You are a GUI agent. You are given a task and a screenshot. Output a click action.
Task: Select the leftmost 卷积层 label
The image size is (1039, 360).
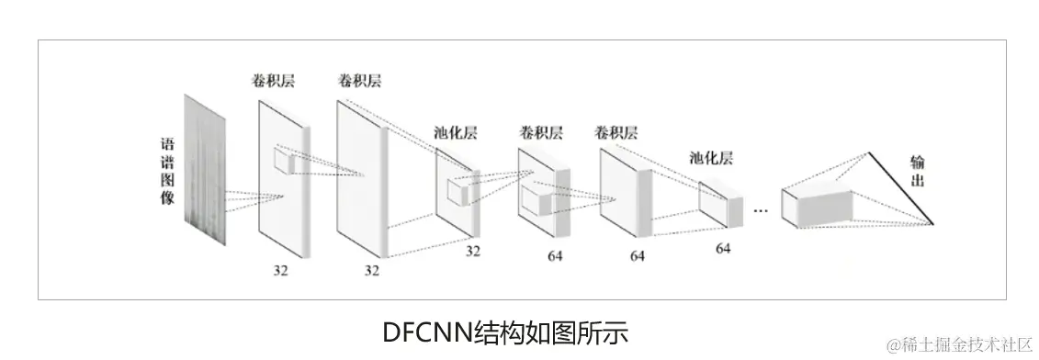273,81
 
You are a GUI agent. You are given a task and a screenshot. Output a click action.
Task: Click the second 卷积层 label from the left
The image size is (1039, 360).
359,81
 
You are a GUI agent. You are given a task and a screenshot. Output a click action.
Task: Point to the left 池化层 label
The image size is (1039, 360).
456,132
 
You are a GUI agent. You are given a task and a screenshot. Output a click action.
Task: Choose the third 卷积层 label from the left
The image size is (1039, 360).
540,132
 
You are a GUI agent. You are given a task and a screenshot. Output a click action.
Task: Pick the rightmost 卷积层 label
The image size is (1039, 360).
616,132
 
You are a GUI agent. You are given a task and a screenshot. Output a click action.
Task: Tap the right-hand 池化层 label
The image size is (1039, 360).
711,158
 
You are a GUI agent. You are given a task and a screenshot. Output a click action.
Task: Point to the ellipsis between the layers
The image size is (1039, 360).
760,210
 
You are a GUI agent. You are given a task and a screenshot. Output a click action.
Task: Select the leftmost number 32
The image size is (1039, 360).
280,270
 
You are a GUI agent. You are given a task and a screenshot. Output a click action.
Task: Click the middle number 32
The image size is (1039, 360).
371,270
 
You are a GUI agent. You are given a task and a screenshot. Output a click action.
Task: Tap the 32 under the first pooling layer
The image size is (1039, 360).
472,250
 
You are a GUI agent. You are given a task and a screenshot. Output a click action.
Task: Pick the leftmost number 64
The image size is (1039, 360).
554,255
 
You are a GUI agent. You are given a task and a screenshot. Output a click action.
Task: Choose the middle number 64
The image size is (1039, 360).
637,256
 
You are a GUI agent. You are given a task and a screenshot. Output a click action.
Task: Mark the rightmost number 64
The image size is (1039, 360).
723,249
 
